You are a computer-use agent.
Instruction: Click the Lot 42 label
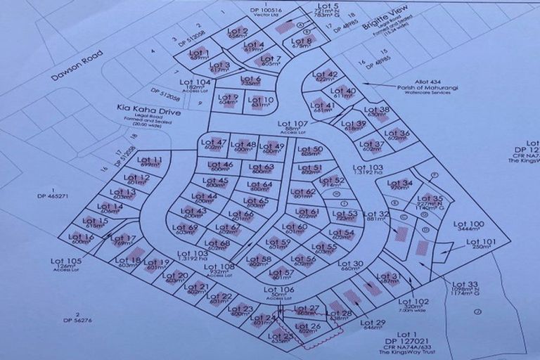click(325, 75)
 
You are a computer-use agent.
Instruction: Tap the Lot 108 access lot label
click(222, 267)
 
